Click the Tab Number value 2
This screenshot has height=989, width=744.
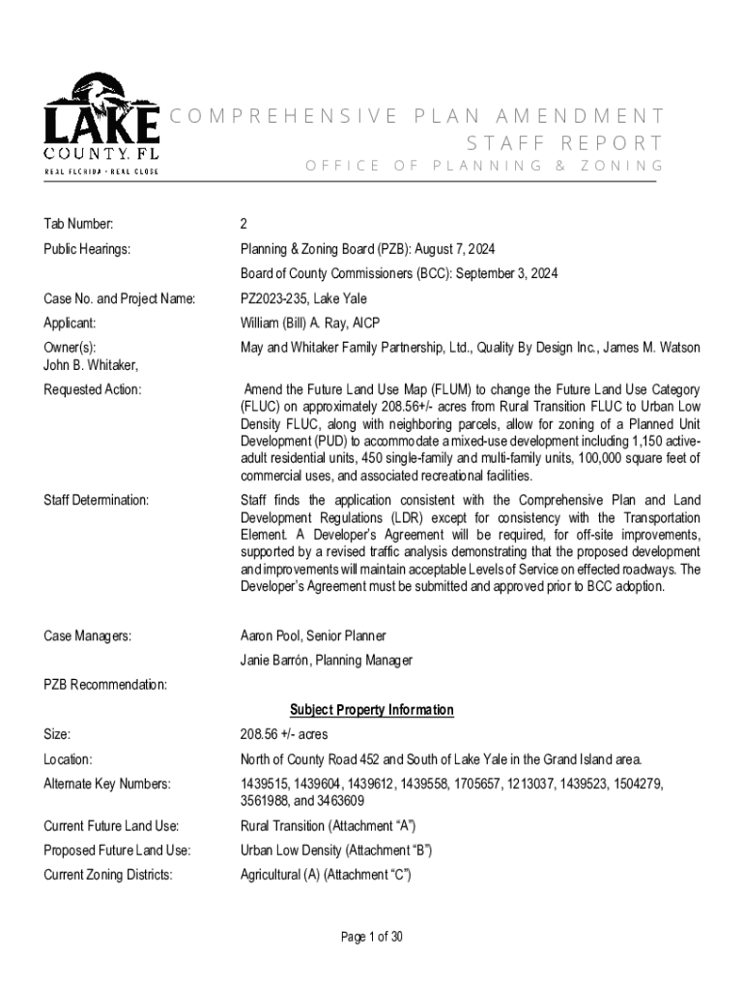tap(243, 224)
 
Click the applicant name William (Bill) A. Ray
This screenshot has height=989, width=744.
tap(299, 324)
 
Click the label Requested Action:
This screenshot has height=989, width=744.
tap(93, 389)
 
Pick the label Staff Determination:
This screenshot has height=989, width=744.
tap(97, 500)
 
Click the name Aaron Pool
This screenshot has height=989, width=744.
tap(272, 636)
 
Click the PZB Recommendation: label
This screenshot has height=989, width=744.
tap(105, 685)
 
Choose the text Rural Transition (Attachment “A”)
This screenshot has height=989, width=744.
tap(329, 826)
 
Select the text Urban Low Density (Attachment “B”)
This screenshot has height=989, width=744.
tap(335, 851)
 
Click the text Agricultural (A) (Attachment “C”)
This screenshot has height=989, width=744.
tap(326, 875)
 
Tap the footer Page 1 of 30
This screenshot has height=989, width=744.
tap(371, 936)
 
